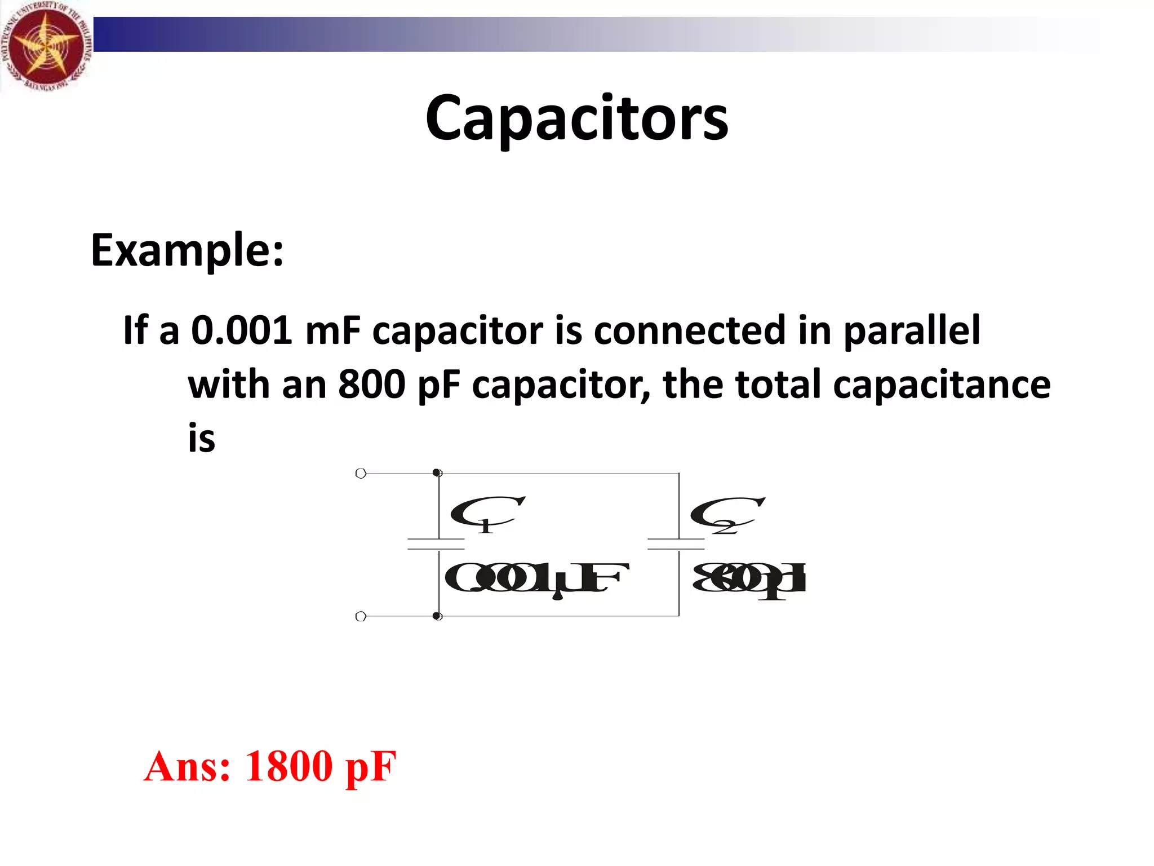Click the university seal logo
point(45,45)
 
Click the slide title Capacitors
point(576,118)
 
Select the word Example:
point(187,250)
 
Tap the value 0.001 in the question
point(241,330)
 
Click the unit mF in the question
point(332,330)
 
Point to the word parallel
point(912,330)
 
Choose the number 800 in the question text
point(371,385)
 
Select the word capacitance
point(942,385)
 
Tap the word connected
point(689,330)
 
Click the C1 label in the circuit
point(486,513)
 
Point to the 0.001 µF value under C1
point(535,578)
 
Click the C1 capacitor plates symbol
point(436,544)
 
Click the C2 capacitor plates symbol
point(676,544)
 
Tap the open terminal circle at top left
point(361,474)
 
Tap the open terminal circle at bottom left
point(361,616)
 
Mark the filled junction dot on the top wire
point(437,472)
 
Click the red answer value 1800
point(288,766)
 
